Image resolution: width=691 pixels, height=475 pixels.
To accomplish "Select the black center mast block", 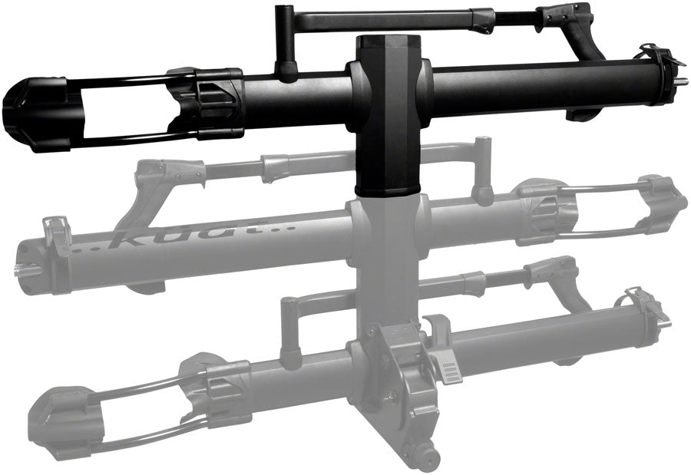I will point(388,115).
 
